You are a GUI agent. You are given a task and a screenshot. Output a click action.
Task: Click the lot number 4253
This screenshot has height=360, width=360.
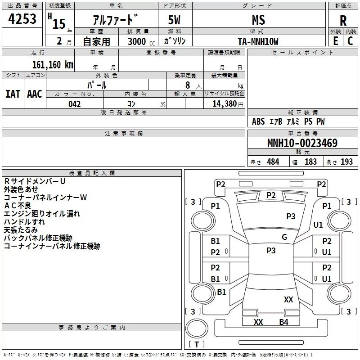pyautogui.click(x=22, y=20)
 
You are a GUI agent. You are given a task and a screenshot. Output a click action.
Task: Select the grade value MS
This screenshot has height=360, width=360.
pyautogui.click(x=258, y=20)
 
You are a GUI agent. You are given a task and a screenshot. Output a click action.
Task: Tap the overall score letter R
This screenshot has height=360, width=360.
pyautogui.click(x=343, y=21)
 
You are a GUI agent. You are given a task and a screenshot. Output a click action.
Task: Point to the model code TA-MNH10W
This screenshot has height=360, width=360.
pyautogui.click(x=258, y=41)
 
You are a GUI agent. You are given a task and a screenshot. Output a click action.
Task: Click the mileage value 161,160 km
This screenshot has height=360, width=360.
pyautogui.click(x=53, y=64)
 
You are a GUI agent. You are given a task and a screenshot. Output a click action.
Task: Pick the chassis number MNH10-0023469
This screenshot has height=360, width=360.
pyautogui.click(x=302, y=143)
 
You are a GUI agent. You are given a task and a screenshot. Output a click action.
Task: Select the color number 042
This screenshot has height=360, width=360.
pyautogui.click(x=75, y=104)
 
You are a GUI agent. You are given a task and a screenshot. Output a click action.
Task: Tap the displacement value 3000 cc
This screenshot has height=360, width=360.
pyautogui.click(x=141, y=41)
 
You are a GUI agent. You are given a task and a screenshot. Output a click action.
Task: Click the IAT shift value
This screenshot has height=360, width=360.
pyautogui.click(x=13, y=94)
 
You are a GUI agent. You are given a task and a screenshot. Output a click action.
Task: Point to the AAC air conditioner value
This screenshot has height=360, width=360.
pyautogui.click(x=35, y=94)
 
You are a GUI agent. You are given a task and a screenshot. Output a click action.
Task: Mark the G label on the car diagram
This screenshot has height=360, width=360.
pyautogui.click(x=284, y=237)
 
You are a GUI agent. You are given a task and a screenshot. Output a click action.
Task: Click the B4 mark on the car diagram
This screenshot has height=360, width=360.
pyautogui.click(x=283, y=322)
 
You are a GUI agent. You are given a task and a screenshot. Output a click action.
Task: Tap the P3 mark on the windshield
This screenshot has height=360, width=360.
pyautogui.click(x=291, y=216)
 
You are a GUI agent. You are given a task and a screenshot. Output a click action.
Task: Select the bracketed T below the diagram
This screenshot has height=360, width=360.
pyautogui.click(x=197, y=344)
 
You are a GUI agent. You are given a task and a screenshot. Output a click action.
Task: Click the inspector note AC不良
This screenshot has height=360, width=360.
pyautogui.click(x=17, y=206)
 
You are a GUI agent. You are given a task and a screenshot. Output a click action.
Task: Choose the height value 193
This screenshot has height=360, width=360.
pyautogui.click(x=346, y=162)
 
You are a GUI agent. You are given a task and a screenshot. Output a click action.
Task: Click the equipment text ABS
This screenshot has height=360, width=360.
pyautogui.click(x=258, y=121)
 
